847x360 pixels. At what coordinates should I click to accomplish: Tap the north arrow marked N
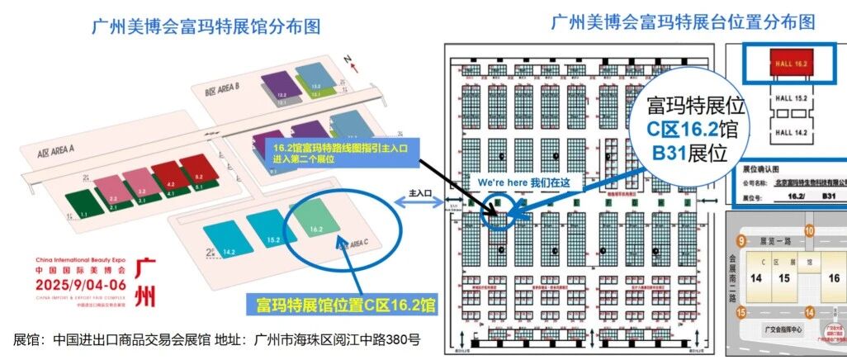coord(351,62)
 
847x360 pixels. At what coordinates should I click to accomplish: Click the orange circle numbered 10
coord(810,230)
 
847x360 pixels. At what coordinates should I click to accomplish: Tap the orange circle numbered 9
coord(742,240)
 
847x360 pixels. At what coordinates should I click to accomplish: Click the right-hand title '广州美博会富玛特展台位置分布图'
coord(682,21)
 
